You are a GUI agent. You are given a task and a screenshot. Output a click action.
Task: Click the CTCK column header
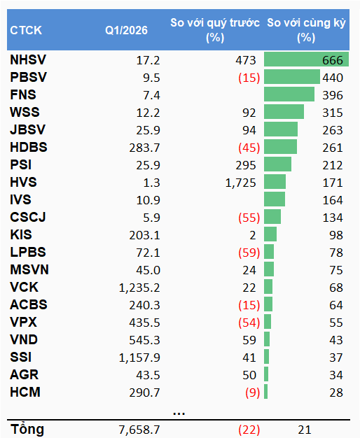click(x=26, y=30)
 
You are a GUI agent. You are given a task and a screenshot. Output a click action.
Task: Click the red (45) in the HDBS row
click(x=249, y=148)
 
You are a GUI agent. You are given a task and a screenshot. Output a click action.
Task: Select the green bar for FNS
click(x=289, y=95)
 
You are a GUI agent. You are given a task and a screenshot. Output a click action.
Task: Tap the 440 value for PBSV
click(x=332, y=78)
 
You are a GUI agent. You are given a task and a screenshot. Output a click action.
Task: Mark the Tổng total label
click(x=26, y=428)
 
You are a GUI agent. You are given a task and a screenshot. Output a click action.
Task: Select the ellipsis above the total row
click(x=179, y=412)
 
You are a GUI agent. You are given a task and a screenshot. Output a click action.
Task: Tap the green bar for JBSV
click(x=281, y=130)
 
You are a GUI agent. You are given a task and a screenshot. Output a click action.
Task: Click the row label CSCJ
click(x=27, y=218)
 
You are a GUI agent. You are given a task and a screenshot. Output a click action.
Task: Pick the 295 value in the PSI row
click(x=247, y=165)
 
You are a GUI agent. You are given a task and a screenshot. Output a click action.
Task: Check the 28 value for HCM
click(x=335, y=393)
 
